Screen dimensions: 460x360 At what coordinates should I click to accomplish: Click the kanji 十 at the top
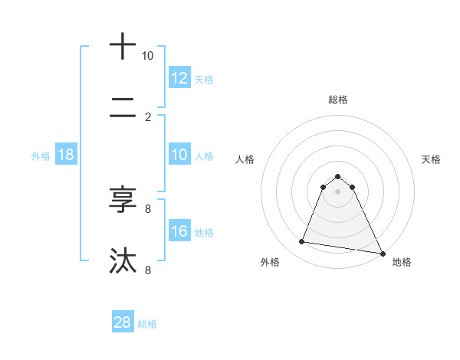coord(123,47)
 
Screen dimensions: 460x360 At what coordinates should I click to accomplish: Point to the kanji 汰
coord(123,260)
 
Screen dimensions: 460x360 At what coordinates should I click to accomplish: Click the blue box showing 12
coord(179,78)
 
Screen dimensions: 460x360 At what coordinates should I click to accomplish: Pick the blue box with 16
coord(179,231)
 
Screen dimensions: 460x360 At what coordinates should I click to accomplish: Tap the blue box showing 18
coord(66,155)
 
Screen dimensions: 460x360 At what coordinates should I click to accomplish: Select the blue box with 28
coord(123,322)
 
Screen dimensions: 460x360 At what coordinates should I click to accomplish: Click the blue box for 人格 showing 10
coord(179,155)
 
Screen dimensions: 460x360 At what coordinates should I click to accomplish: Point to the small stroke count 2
coord(148,117)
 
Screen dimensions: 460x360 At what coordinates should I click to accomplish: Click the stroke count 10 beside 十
coord(148,56)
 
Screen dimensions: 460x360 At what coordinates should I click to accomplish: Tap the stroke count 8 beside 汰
coord(148,270)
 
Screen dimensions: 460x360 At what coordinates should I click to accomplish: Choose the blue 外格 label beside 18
coord(41,155)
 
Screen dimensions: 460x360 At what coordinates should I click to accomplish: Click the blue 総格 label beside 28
coord(147,323)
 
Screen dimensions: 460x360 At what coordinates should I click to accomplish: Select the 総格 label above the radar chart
coord(337,100)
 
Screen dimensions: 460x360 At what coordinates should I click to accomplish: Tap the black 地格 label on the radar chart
coord(402,262)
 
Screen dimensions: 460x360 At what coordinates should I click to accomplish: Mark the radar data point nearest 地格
coord(382,253)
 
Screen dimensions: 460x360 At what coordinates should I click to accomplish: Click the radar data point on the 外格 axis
coord(301,242)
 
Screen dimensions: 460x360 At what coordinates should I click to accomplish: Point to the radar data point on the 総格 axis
coord(337,176)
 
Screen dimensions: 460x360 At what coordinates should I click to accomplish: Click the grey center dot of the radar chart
coord(337,191)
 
